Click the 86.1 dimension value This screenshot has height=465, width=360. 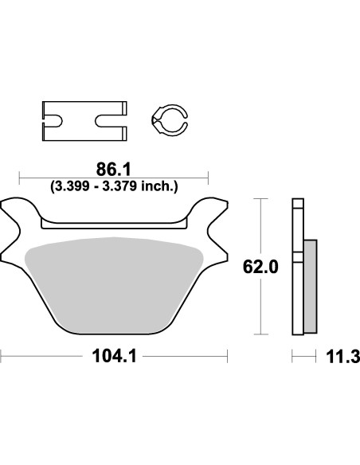click(x=114, y=170)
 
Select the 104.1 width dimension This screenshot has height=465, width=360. click(x=113, y=358)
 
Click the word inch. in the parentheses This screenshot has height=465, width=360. click(x=163, y=186)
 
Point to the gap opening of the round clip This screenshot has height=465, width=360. click(x=185, y=119)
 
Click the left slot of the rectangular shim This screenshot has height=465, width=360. click(x=54, y=121)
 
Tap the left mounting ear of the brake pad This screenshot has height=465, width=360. click(x=16, y=217)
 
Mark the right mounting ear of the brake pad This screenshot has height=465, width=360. click(x=211, y=217)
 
